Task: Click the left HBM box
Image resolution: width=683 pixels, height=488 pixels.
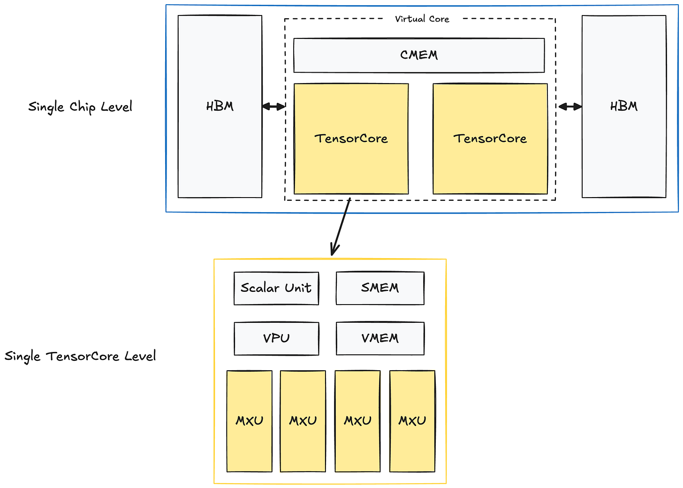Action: (x=220, y=107)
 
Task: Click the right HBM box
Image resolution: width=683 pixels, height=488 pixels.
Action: (x=623, y=107)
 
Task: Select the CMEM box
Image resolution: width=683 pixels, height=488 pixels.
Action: (x=419, y=55)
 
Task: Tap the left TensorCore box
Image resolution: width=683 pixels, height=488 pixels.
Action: (x=351, y=139)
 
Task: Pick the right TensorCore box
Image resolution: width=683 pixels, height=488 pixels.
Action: (x=490, y=139)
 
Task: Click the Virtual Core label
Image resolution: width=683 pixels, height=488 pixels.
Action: (x=422, y=19)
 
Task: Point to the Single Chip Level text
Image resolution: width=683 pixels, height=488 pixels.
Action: (x=80, y=107)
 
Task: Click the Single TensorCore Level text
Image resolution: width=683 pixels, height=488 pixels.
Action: (x=80, y=356)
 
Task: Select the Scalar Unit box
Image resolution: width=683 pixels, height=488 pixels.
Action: (x=276, y=288)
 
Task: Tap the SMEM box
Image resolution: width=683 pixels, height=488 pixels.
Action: (x=380, y=288)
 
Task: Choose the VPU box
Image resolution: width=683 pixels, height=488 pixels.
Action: (x=276, y=338)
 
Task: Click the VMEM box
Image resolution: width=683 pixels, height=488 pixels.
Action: (x=380, y=338)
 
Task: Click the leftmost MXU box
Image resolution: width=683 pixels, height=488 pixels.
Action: (x=249, y=421)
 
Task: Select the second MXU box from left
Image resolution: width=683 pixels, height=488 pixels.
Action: (x=303, y=421)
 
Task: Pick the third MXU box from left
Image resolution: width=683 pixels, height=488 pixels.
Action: (x=357, y=421)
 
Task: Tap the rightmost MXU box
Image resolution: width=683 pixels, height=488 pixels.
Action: (x=412, y=421)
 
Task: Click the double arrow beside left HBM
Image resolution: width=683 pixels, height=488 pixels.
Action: (x=273, y=107)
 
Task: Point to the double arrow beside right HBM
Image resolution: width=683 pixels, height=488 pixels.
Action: (x=569, y=107)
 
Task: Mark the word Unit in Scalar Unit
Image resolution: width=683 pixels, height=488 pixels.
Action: (x=298, y=288)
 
